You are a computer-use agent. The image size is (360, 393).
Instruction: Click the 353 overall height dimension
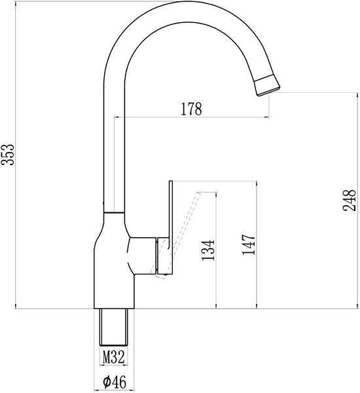(7, 155)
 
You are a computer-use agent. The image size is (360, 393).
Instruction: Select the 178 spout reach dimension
(191, 109)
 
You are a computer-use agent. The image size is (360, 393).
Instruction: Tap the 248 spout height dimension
(349, 200)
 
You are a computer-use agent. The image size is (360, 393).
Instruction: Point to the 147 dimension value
(248, 244)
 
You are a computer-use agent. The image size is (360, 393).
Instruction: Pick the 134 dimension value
(208, 250)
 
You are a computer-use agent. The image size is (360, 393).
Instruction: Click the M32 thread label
(113, 357)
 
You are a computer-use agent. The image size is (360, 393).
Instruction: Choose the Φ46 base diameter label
(115, 383)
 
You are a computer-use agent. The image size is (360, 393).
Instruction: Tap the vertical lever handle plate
(171, 227)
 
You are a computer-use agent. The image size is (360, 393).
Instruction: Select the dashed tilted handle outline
(179, 234)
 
